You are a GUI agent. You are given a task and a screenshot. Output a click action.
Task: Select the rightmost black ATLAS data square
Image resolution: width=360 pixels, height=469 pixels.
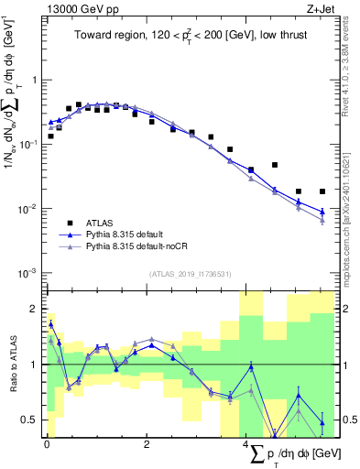pyautogui.click(x=322, y=191)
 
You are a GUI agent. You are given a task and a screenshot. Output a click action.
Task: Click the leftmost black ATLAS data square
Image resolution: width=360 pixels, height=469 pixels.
pyautogui.click(x=51, y=136)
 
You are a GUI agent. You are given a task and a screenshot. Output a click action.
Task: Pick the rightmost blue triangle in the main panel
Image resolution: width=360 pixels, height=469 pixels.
pyautogui.click(x=322, y=213)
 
